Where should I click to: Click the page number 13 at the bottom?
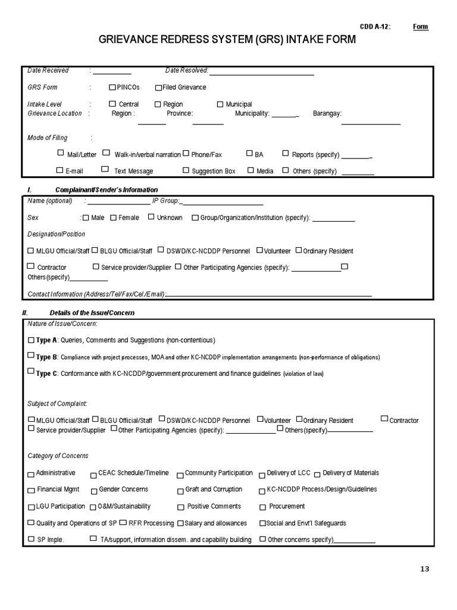tap(424, 569)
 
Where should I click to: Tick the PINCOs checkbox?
tap(112, 87)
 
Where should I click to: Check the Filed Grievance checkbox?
tap(158, 88)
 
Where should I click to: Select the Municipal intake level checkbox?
tap(220, 104)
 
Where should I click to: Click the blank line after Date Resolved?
tap(261, 72)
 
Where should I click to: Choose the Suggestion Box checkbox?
tap(186, 171)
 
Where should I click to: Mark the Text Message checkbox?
tap(105, 169)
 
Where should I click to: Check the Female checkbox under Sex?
tap(114, 217)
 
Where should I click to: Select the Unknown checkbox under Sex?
tap(151, 217)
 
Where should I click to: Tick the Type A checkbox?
tap(32, 340)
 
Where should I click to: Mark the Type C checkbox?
tap(32, 371)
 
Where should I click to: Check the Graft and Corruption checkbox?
tap(180, 491)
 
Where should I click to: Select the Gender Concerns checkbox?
tap(94, 491)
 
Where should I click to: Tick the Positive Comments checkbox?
tap(180, 508)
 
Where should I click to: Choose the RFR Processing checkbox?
tap(123, 522)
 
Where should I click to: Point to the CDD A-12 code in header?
tap(375, 27)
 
